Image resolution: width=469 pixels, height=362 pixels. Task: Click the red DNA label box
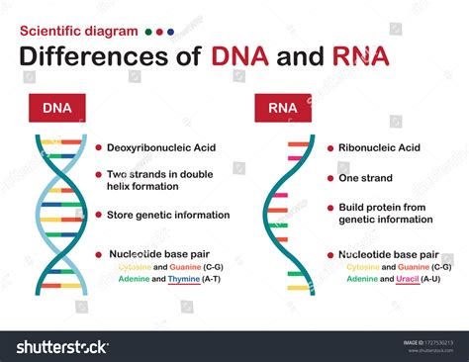pos(56,107)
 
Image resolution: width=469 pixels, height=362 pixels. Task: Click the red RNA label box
pos(282,107)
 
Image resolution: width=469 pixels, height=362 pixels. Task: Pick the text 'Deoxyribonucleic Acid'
pos(161,147)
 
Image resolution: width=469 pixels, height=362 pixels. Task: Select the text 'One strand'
pos(365,178)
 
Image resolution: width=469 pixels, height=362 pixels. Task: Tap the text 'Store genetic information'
pos(168,215)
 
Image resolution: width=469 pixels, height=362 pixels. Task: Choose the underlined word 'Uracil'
pos(402,279)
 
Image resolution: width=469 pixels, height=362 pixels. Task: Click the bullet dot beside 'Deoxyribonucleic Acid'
pos(99,147)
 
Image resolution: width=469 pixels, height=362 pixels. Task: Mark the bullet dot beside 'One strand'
pos(331,178)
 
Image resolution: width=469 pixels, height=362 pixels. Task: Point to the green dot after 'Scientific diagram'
pos(147,32)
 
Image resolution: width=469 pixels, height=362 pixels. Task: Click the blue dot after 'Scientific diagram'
pos(170,32)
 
